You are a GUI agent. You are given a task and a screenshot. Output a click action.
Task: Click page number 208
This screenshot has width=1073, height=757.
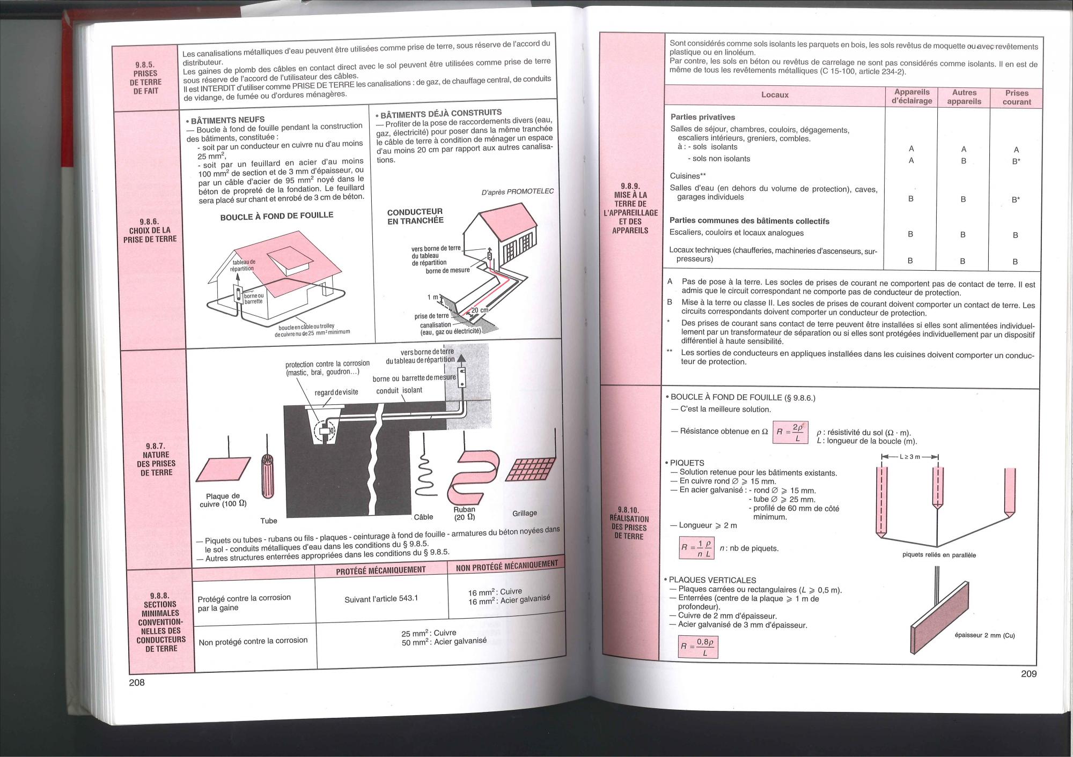137,682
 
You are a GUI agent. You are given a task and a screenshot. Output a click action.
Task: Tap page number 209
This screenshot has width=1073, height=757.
1029,674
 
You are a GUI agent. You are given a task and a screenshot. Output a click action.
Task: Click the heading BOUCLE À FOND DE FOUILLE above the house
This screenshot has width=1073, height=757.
277,216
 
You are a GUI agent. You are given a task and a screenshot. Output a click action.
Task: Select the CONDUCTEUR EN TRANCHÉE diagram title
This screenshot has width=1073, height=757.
415,216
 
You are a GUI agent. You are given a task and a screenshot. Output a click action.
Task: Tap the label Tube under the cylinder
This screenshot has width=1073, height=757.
269,521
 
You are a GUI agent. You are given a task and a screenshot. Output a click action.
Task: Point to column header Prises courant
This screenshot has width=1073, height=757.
1017,97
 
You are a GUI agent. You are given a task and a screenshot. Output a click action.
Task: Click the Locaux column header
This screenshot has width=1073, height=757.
775,95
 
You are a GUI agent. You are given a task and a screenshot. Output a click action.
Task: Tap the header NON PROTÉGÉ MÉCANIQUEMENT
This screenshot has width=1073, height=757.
506,566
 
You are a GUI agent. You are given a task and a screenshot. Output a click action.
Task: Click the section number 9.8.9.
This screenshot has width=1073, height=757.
629,186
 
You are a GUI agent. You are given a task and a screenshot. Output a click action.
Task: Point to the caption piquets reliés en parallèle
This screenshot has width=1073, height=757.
939,555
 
